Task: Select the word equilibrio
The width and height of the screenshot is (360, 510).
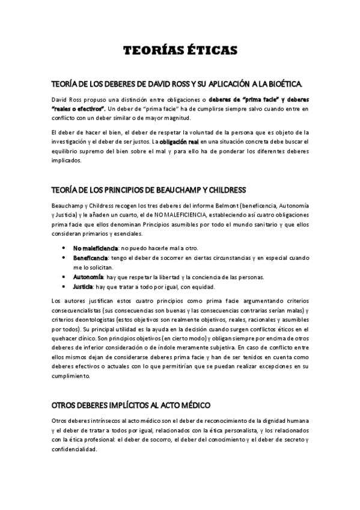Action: [67, 150]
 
